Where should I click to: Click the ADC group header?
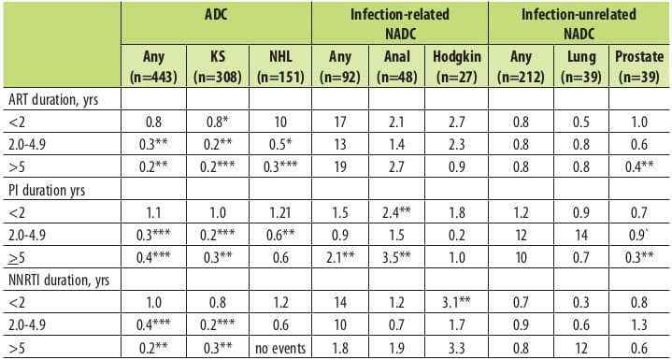point(217,15)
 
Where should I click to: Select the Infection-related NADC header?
point(399,23)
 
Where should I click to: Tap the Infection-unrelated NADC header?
point(579,23)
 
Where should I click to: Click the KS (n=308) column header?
point(217,66)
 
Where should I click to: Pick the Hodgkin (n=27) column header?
point(456,66)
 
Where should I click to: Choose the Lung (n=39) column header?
point(580,66)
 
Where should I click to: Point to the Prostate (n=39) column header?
point(639,66)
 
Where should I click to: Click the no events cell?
point(280,349)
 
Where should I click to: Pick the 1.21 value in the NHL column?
point(280,212)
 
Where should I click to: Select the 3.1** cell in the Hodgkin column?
point(456,304)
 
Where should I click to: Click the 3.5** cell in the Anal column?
point(396,257)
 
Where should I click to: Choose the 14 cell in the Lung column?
point(580,235)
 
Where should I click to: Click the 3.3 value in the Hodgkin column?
point(456,349)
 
